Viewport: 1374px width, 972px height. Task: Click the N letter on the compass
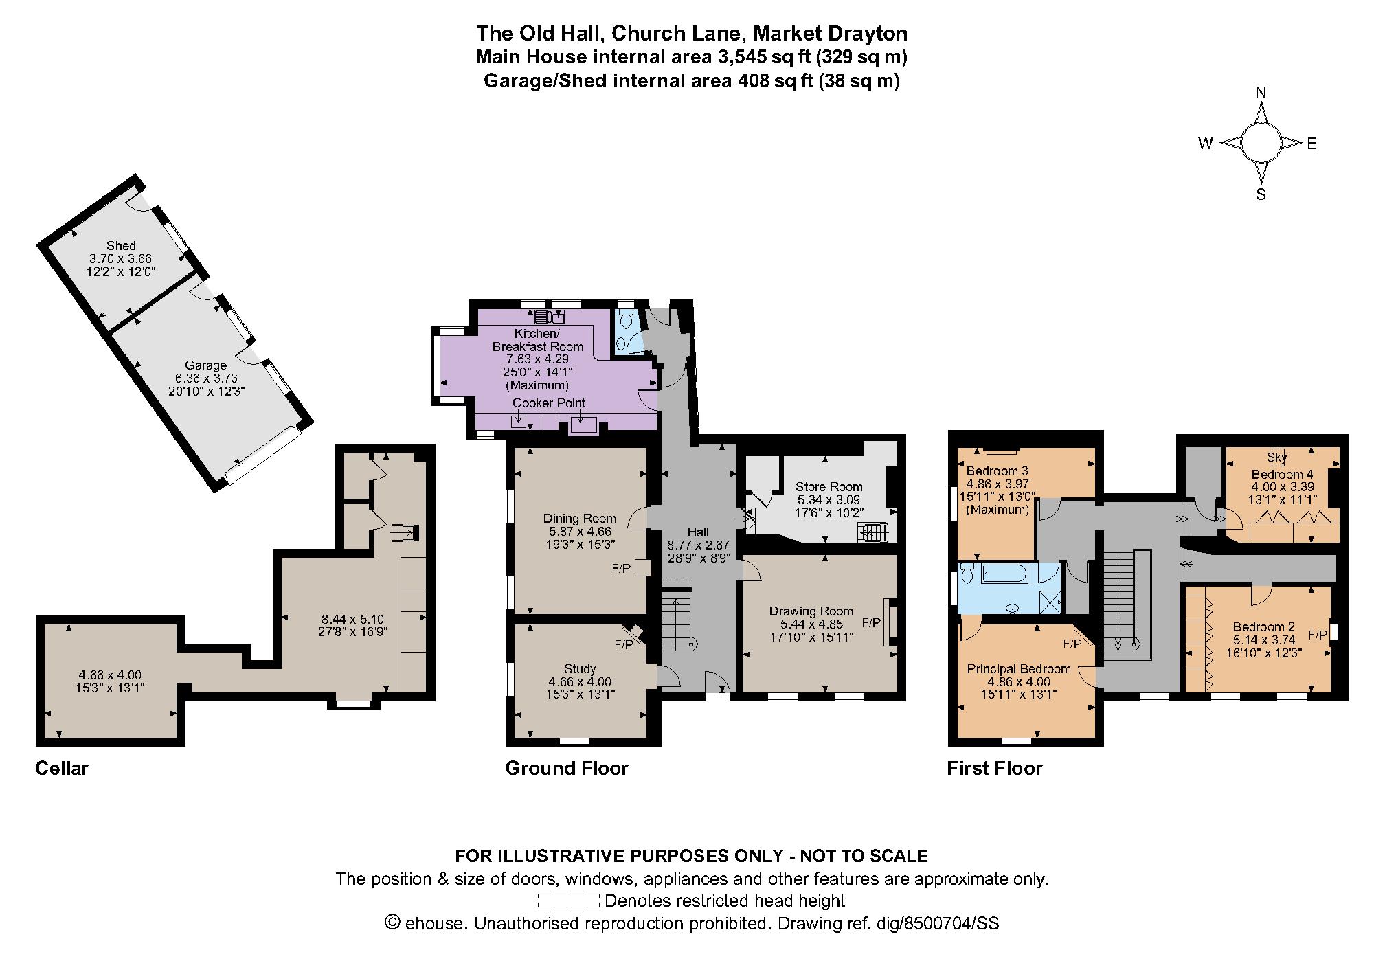click(1261, 93)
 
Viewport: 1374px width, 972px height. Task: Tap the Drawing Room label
click(811, 611)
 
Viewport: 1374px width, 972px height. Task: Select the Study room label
click(579, 668)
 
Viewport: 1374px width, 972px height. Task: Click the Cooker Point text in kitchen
click(549, 403)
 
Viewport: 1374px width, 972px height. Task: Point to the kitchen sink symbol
click(549, 317)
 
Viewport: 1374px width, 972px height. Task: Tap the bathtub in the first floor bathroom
click(1004, 573)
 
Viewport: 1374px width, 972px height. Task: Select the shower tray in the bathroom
click(1050, 602)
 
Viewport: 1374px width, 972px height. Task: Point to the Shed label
click(121, 245)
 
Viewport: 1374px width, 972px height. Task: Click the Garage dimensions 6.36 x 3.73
click(205, 378)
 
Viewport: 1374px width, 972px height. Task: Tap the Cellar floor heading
click(62, 768)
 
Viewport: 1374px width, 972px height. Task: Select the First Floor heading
click(994, 768)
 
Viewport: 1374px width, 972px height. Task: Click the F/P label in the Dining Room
click(621, 569)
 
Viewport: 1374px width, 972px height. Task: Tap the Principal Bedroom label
click(1019, 668)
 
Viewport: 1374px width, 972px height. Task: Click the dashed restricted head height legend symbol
click(569, 901)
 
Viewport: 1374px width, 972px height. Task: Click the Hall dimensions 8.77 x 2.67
click(698, 545)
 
